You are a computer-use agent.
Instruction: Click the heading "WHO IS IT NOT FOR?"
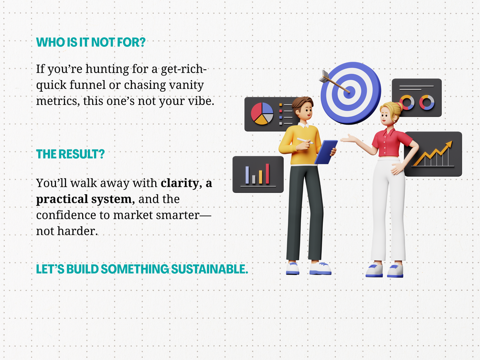tap(91, 42)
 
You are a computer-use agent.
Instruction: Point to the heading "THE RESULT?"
tap(70, 154)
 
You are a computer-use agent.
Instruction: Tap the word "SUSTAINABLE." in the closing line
tap(209, 269)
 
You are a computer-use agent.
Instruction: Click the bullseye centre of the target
tap(349, 92)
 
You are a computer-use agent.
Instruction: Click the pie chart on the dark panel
tap(262, 114)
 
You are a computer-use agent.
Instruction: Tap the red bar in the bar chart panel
tap(267, 174)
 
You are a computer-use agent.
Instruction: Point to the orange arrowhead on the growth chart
tap(448, 145)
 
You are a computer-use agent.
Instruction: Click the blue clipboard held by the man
tap(326, 152)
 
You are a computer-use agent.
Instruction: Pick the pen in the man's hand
tap(305, 141)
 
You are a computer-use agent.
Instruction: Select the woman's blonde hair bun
tap(399, 106)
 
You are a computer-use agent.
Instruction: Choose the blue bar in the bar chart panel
tap(247, 175)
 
